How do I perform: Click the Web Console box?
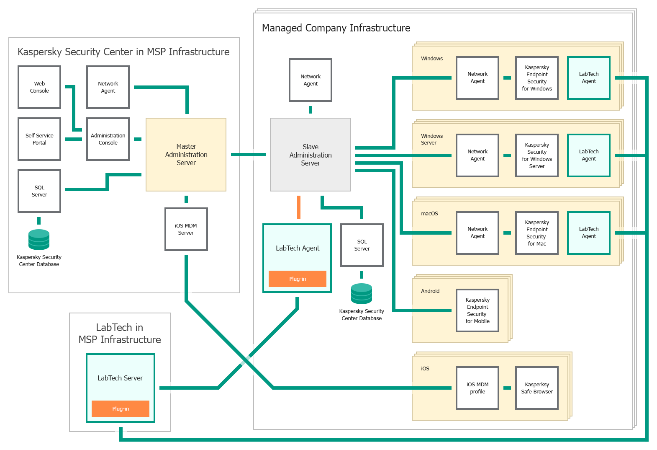(39, 87)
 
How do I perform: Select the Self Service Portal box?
(39, 139)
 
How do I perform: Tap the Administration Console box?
(108, 139)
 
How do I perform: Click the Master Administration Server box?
(186, 155)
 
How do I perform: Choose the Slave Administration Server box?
(310, 155)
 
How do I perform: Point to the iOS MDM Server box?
(186, 229)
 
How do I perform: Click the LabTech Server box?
(120, 378)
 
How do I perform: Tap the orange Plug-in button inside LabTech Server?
(121, 409)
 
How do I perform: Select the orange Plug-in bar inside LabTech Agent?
(297, 279)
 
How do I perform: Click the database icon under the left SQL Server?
(39, 240)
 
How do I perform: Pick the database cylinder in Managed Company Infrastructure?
(362, 294)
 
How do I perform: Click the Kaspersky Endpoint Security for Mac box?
(537, 233)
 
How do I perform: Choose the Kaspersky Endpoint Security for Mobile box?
(477, 310)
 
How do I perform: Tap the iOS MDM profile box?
(477, 388)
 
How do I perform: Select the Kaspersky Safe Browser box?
(537, 388)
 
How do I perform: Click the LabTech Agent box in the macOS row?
(589, 233)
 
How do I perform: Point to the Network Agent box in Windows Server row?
(477, 155)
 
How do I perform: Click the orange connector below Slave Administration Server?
(299, 207)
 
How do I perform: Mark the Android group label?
(430, 291)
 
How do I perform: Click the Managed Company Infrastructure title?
(336, 28)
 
